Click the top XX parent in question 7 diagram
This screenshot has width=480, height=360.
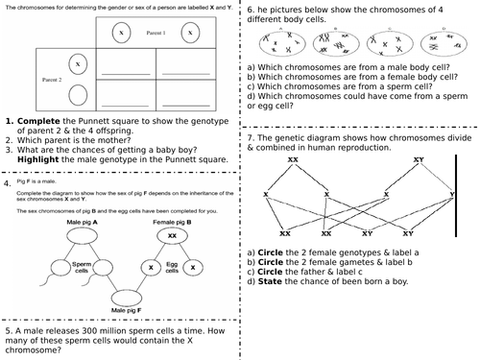pyautogui.click(x=293, y=159)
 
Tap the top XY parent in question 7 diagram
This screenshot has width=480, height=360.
pyautogui.click(x=418, y=159)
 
